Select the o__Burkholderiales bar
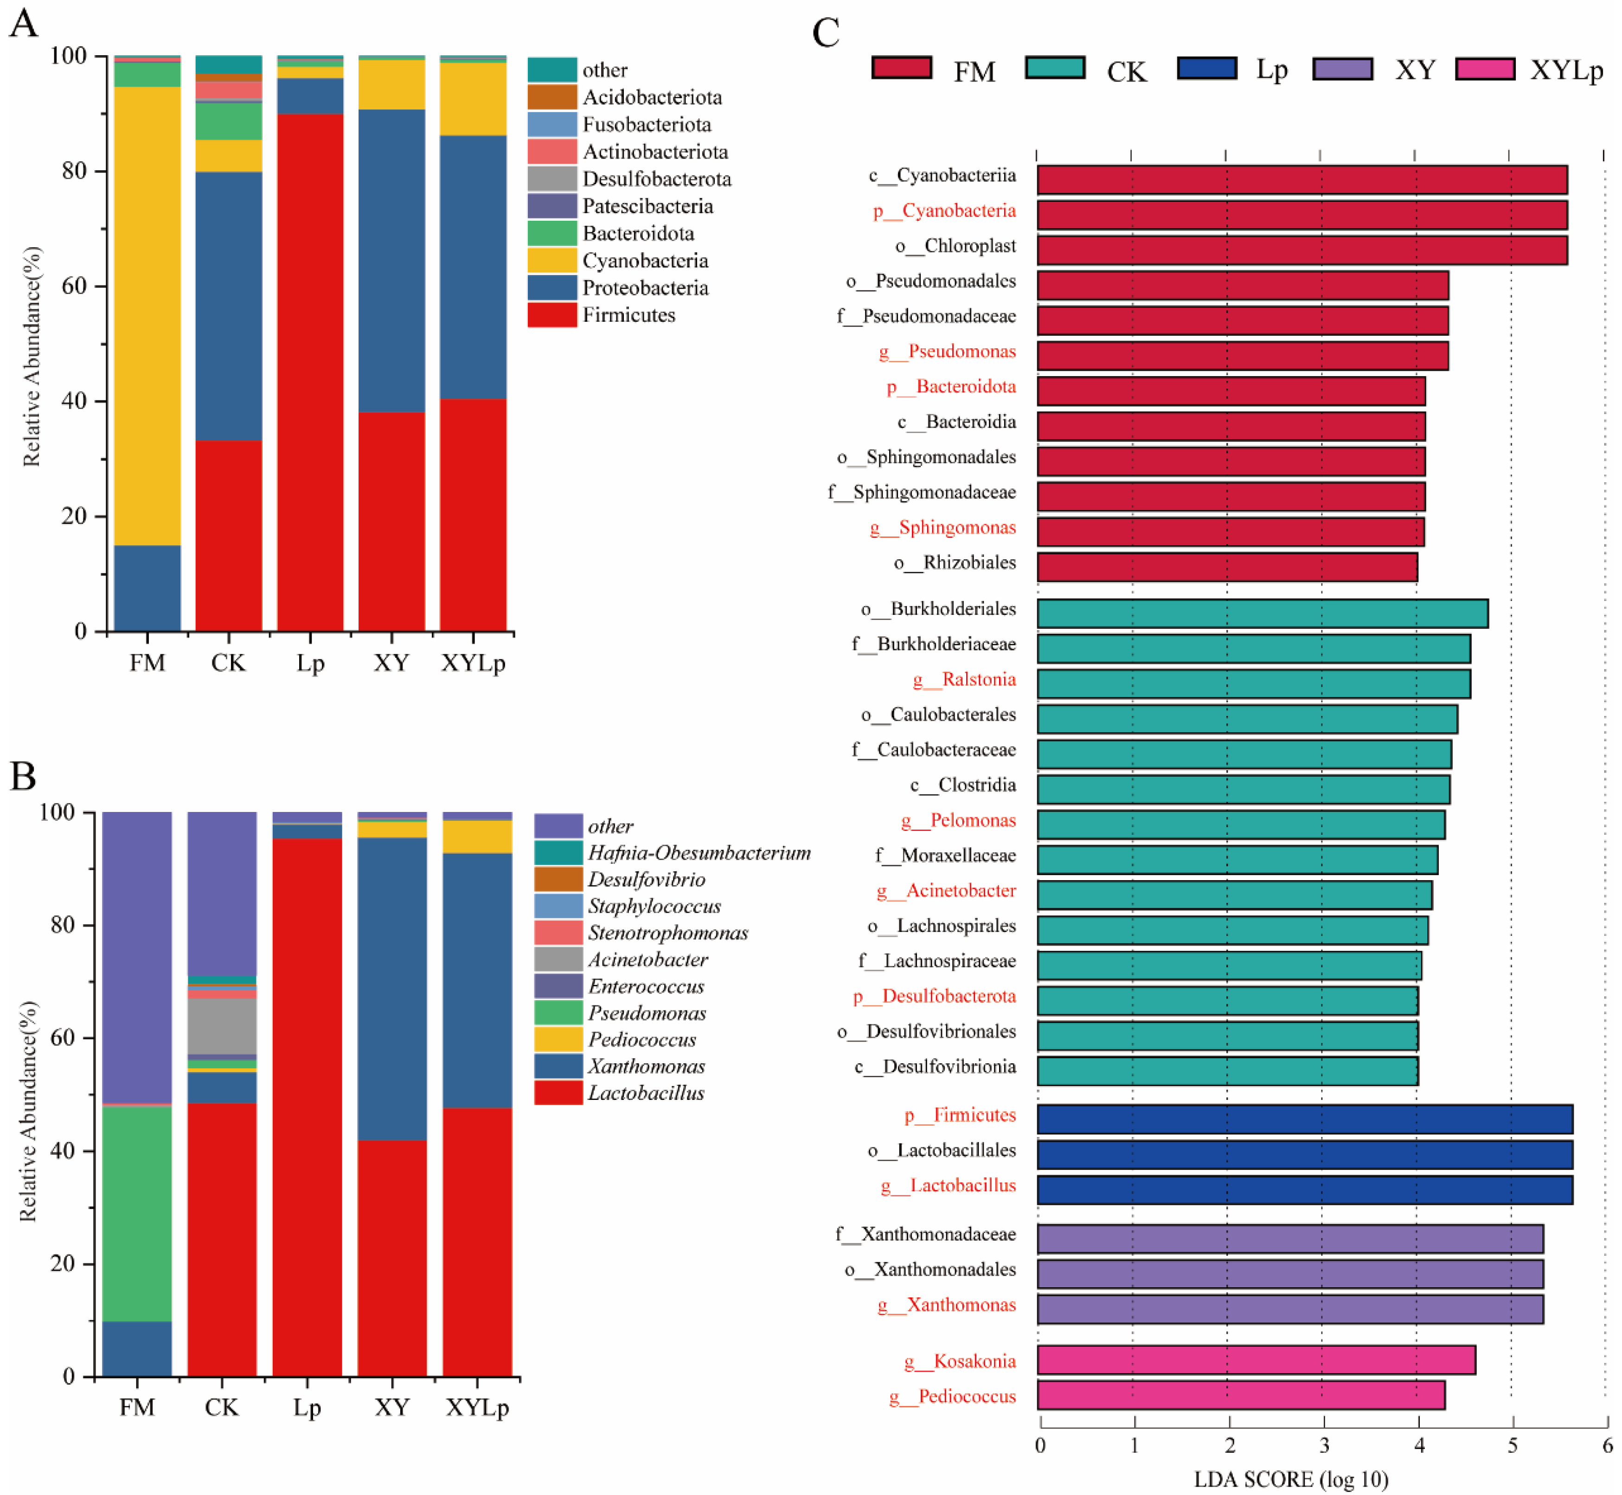click(1262, 613)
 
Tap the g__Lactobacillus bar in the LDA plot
click(1304, 1189)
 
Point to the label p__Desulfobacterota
click(934, 996)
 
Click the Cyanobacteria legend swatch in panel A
click(552, 261)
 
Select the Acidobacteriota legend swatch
click(552, 97)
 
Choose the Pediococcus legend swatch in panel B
click(558, 1040)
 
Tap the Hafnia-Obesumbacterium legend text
click(699, 853)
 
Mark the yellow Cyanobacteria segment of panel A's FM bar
click(147, 315)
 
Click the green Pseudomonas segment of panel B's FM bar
click(137, 1214)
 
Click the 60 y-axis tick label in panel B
click(62, 1037)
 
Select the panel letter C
click(826, 34)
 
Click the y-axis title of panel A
click(31, 356)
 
